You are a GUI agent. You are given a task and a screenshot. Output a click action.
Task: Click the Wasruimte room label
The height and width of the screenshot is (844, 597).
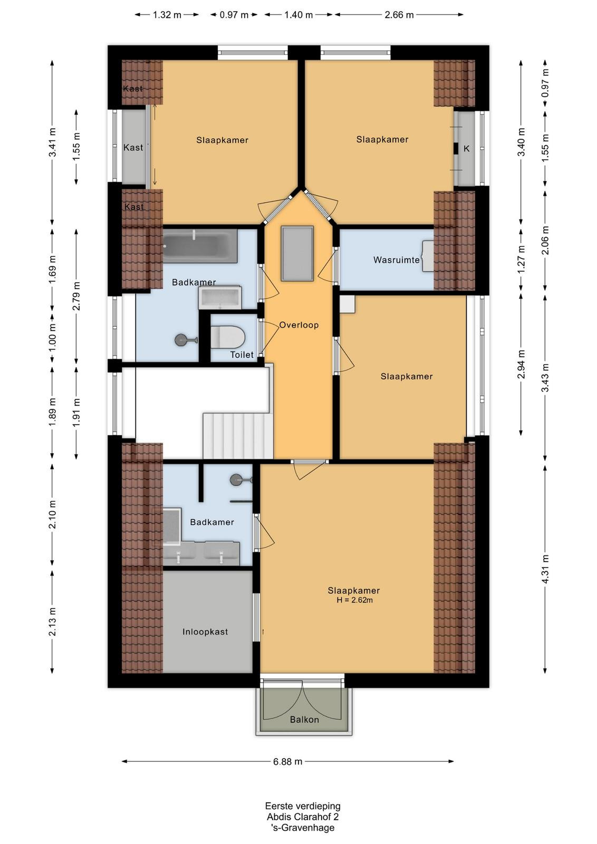click(x=396, y=260)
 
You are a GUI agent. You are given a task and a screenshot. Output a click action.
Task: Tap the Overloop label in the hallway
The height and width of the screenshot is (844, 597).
click(x=298, y=325)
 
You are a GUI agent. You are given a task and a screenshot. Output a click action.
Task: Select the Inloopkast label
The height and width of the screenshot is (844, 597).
click(x=205, y=632)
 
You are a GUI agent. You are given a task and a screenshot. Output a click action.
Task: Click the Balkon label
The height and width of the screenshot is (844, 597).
click(x=304, y=720)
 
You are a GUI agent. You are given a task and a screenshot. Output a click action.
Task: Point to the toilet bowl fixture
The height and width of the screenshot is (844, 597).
click(x=227, y=337)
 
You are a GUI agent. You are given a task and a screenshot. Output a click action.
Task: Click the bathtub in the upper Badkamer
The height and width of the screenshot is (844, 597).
click(x=200, y=246)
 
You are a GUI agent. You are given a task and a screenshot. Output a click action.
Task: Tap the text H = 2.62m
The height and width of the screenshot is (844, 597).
click(x=354, y=600)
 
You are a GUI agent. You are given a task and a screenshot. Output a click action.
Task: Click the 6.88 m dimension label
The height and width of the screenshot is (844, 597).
click(x=288, y=762)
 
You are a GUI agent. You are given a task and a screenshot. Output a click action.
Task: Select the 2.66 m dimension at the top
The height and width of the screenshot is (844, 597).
click(x=399, y=15)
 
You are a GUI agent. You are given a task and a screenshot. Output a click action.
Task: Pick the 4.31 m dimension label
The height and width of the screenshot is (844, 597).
click(x=545, y=569)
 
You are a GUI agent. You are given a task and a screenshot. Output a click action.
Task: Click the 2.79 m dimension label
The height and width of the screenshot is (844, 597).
click(x=76, y=296)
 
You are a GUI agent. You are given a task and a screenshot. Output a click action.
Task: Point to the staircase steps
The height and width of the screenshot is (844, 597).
click(x=238, y=436)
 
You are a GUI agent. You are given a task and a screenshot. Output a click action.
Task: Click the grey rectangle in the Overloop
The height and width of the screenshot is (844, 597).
click(x=297, y=253)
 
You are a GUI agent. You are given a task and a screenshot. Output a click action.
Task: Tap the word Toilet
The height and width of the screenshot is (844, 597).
click(x=242, y=354)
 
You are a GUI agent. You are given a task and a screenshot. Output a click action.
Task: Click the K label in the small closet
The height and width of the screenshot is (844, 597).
click(x=466, y=149)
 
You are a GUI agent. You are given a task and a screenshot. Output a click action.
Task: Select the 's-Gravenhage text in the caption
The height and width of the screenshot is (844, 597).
click(x=303, y=828)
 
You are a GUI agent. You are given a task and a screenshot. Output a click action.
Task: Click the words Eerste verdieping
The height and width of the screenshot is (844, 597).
click(x=303, y=806)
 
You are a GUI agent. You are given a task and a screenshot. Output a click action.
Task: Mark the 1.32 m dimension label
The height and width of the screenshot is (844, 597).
click(x=167, y=15)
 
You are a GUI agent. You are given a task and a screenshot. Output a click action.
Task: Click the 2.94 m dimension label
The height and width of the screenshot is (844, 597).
click(x=521, y=365)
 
